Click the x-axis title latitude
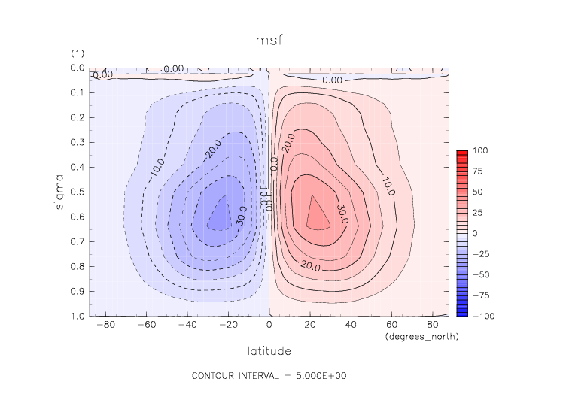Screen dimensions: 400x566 point(269,350)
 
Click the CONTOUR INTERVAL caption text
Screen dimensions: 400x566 point(269,375)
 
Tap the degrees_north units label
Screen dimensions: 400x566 point(421,336)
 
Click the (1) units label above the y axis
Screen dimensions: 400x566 point(78,53)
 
